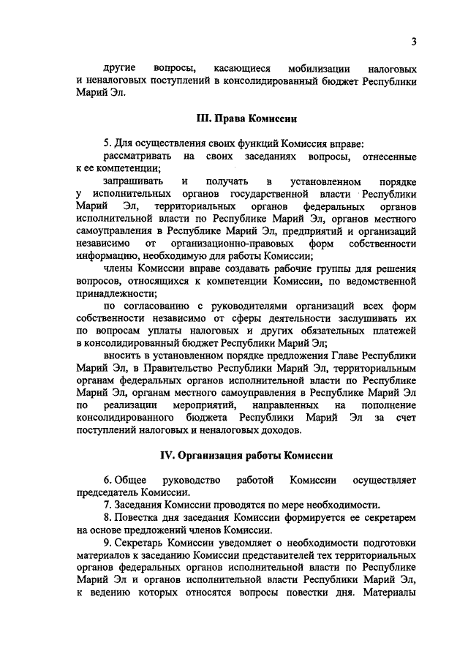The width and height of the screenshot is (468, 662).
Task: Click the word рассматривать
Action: [x=137, y=157]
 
